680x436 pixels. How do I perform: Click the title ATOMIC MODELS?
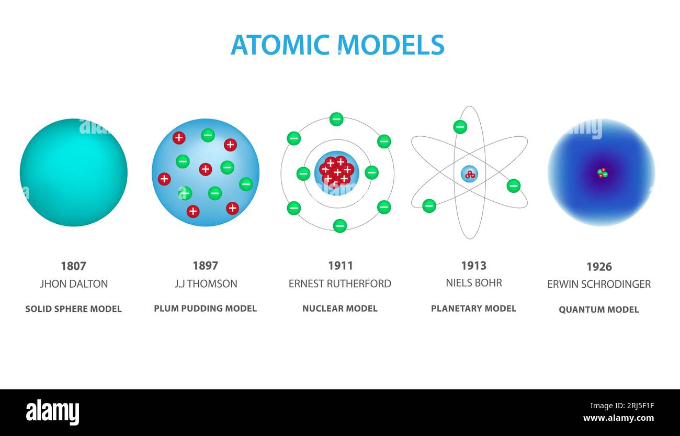click(337, 45)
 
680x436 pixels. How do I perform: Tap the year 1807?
click(73, 266)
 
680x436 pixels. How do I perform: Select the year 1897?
click(206, 266)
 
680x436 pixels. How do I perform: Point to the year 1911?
click(341, 266)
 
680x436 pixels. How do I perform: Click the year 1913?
click(473, 266)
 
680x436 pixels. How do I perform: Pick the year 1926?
click(599, 267)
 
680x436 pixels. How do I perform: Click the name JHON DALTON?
click(74, 284)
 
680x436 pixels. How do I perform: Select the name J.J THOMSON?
click(206, 284)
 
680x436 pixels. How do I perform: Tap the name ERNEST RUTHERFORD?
click(339, 284)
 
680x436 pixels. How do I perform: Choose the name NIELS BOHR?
click(473, 283)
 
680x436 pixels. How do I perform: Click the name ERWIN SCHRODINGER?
click(599, 284)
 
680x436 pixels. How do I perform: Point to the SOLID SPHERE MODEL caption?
click(73, 309)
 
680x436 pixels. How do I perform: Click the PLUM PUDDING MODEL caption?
click(205, 308)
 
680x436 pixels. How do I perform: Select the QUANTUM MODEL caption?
click(598, 310)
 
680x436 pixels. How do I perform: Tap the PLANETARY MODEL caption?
click(473, 308)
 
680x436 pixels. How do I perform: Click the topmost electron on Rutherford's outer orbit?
click(336, 119)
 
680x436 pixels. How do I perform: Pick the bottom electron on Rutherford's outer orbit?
click(339, 226)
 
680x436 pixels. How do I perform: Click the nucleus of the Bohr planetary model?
click(469, 174)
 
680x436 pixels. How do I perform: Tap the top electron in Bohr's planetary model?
click(460, 127)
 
